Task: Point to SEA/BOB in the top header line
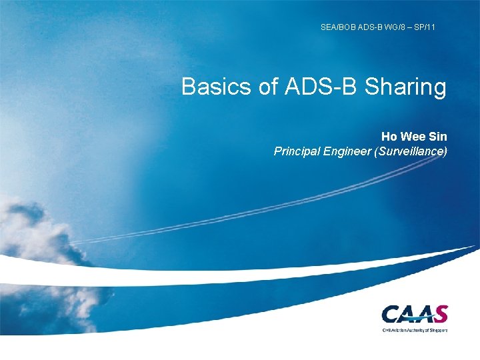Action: (x=335, y=27)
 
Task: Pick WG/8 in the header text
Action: (x=397, y=27)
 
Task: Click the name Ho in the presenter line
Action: (x=389, y=137)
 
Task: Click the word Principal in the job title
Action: (x=297, y=151)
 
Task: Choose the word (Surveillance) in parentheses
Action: (x=411, y=151)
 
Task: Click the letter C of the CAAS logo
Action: (x=392, y=314)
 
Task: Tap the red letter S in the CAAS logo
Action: (x=440, y=313)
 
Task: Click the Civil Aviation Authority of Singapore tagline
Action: (x=415, y=329)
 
